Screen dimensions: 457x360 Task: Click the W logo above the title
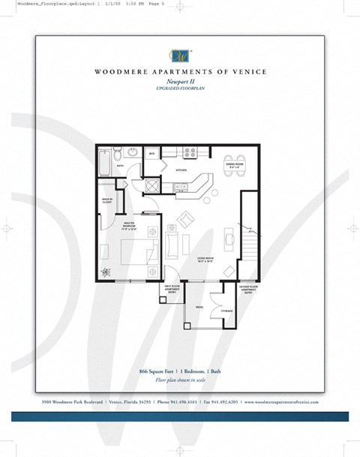coord(179,56)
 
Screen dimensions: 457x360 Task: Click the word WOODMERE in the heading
coord(120,73)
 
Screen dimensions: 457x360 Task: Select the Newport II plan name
coord(179,83)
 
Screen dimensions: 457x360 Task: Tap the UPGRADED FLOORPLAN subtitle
coord(179,89)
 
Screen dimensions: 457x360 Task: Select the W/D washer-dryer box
coord(151,155)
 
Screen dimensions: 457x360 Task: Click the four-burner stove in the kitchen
coord(190,152)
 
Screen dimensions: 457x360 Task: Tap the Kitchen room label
coord(181,170)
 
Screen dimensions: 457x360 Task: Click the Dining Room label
coord(233,164)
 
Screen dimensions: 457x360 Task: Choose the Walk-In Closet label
coord(106,200)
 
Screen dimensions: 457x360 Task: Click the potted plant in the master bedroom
coord(105,272)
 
